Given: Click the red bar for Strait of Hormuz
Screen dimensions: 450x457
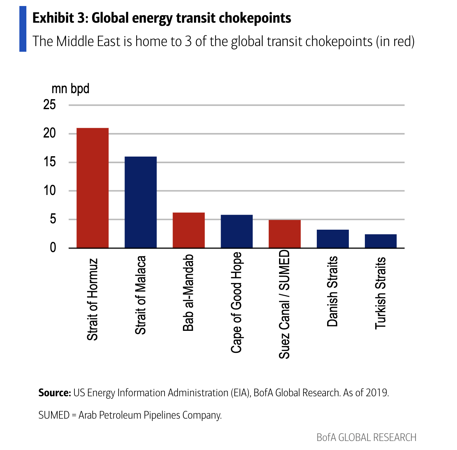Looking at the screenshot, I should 92,188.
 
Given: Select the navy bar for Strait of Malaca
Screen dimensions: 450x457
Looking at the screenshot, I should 141,202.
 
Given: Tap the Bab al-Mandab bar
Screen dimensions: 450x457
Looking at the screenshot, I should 189,230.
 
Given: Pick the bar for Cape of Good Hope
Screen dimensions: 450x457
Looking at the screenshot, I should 237,231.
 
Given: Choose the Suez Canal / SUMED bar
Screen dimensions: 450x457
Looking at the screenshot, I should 285,234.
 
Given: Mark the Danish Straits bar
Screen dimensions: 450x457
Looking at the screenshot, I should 333,239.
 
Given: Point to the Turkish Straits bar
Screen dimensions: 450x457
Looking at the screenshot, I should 381,241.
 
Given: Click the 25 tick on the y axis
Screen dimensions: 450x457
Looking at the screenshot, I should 49,105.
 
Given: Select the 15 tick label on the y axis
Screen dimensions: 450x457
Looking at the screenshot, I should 49,162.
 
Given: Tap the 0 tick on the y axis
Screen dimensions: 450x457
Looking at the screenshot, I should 53,248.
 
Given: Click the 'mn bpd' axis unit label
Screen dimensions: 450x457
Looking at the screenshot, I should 70,89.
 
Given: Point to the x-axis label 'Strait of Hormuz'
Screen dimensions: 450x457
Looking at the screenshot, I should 92,299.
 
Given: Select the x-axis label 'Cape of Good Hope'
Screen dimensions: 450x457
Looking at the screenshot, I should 236,302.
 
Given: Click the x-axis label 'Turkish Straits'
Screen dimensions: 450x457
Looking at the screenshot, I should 381,293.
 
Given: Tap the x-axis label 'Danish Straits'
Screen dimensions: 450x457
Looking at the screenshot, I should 332,291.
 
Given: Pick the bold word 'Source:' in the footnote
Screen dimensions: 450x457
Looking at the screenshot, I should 54,393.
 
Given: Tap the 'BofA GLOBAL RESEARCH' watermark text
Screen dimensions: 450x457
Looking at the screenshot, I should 366,437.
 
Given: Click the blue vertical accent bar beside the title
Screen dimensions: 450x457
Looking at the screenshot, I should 23,29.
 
